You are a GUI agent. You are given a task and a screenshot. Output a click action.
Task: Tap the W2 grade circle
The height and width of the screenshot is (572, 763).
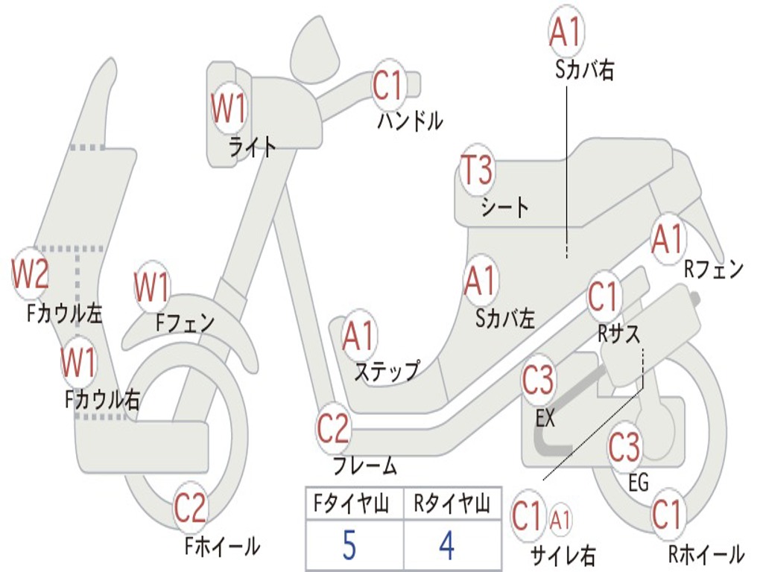tap(30, 274)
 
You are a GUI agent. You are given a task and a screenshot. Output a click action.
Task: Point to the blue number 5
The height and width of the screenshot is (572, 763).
tap(349, 547)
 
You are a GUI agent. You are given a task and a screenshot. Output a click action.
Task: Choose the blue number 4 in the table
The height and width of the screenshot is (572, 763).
tap(446, 547)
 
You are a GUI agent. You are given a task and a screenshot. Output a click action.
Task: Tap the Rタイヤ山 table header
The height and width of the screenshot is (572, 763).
tap(452, 506)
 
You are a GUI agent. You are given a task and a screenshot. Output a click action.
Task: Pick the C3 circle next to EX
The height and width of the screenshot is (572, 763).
tap(538, 381)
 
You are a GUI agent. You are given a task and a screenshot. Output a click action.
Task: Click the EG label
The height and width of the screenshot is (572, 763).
tap(639, 483)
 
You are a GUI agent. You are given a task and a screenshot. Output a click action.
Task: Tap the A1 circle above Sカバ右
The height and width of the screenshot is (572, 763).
tap(564, 31)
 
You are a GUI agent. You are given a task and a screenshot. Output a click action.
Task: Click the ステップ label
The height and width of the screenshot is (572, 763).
tap(387, 371)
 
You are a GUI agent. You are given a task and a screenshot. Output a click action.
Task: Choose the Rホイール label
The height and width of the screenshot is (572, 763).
tap(705, 554)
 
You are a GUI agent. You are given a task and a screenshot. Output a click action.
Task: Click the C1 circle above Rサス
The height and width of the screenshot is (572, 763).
tap(604, 297)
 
